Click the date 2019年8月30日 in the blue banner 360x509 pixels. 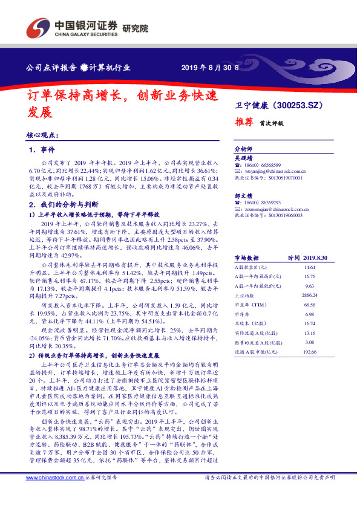[x=206, y=66]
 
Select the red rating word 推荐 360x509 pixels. [x=244, y=122]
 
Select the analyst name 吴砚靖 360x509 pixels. [x=243, y=157]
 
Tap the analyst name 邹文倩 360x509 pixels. [x=243, y=196]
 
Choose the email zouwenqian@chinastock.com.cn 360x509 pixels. [x=276, y=210]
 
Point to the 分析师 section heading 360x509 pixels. [x=243, y=148]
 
